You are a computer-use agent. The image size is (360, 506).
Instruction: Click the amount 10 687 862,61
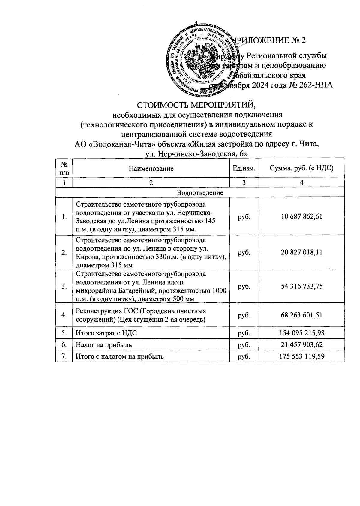pos(301,217)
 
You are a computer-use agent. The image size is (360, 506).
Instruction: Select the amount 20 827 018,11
pos(301,252)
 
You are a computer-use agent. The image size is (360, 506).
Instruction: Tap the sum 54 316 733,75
pos(301,286)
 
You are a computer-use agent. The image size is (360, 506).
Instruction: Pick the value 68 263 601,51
pos(301,315)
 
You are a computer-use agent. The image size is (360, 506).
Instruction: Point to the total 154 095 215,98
pos(301,333)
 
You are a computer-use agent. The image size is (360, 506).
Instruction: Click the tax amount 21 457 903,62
pos(301,345)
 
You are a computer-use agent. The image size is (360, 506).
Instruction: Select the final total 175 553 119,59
pos(301,356)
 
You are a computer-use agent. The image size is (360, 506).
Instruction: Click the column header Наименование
pos(151,168)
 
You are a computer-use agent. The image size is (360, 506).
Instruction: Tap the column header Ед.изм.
pos(244,168)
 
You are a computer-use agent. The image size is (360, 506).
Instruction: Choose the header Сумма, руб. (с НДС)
pos(301,168)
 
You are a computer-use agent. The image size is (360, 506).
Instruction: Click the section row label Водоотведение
pos(200,192)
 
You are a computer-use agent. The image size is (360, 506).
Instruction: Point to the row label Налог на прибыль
pos(103,345)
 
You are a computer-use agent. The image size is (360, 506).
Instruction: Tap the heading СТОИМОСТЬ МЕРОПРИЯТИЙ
pos(197,105)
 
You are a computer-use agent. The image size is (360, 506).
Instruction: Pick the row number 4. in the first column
pos(64,315)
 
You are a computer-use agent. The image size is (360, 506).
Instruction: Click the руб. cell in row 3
pos(244,286)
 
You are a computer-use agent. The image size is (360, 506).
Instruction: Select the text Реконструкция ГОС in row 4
pos(103,311)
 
